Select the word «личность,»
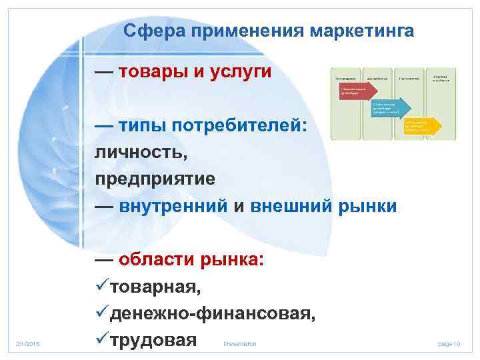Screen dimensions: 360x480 (x=141, y=153)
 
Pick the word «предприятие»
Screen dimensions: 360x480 (x=155, y=179)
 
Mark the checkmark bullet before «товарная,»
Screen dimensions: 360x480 (x=102, y=287)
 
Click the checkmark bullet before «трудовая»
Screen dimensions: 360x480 (x=102, y=340)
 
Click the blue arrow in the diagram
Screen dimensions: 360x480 (x=389, y=109)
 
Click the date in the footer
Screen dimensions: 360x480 (x=28, y=343)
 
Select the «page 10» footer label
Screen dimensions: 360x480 (x=449, y=343)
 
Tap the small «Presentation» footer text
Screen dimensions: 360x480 (x=240, y=344)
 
